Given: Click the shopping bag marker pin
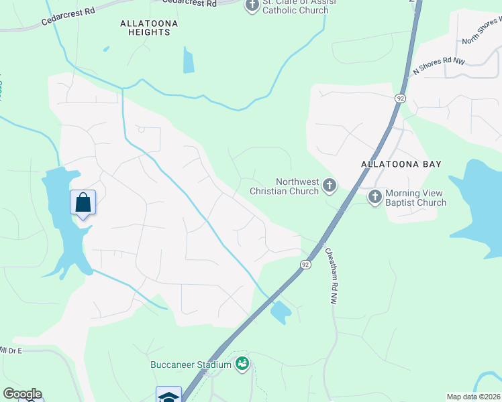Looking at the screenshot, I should click(x=83, y=202).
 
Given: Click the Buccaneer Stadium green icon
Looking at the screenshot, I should click(x=242, y=364).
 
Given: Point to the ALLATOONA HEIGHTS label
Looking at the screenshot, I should click(x=145, y=27).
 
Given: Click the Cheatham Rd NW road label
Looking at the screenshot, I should click(x=330, y=277).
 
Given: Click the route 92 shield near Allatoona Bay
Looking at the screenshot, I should click(x=400, y=98).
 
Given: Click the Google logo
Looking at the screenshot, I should click(x=22, y=394).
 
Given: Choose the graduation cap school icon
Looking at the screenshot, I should click(x=168, y=395).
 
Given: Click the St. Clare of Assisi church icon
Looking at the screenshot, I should click(x=252, y=7).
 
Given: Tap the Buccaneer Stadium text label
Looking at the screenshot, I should click(x=191, y=365).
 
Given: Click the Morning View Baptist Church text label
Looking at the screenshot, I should click(x=415, y=198).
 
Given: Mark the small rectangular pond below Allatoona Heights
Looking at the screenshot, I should click(x=189, y=61).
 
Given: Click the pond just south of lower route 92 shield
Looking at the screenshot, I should click(x=281, y=312).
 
